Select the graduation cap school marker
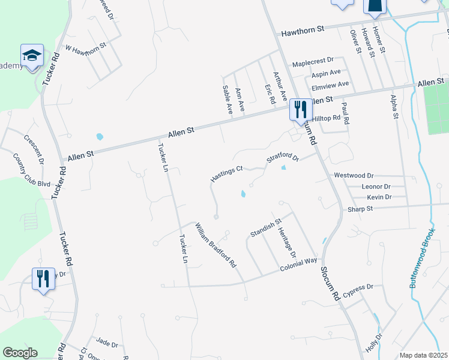tap(32, 56)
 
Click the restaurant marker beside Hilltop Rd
tap(300, 109)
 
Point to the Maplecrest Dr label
tap(312, 63)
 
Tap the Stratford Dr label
tap(283, 158)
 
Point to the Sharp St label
tap(360, 209)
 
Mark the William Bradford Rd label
tap(215, 245)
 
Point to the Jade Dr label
tap(107, 343)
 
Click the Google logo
tap(20, 353)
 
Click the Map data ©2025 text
tap(424, 355)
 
